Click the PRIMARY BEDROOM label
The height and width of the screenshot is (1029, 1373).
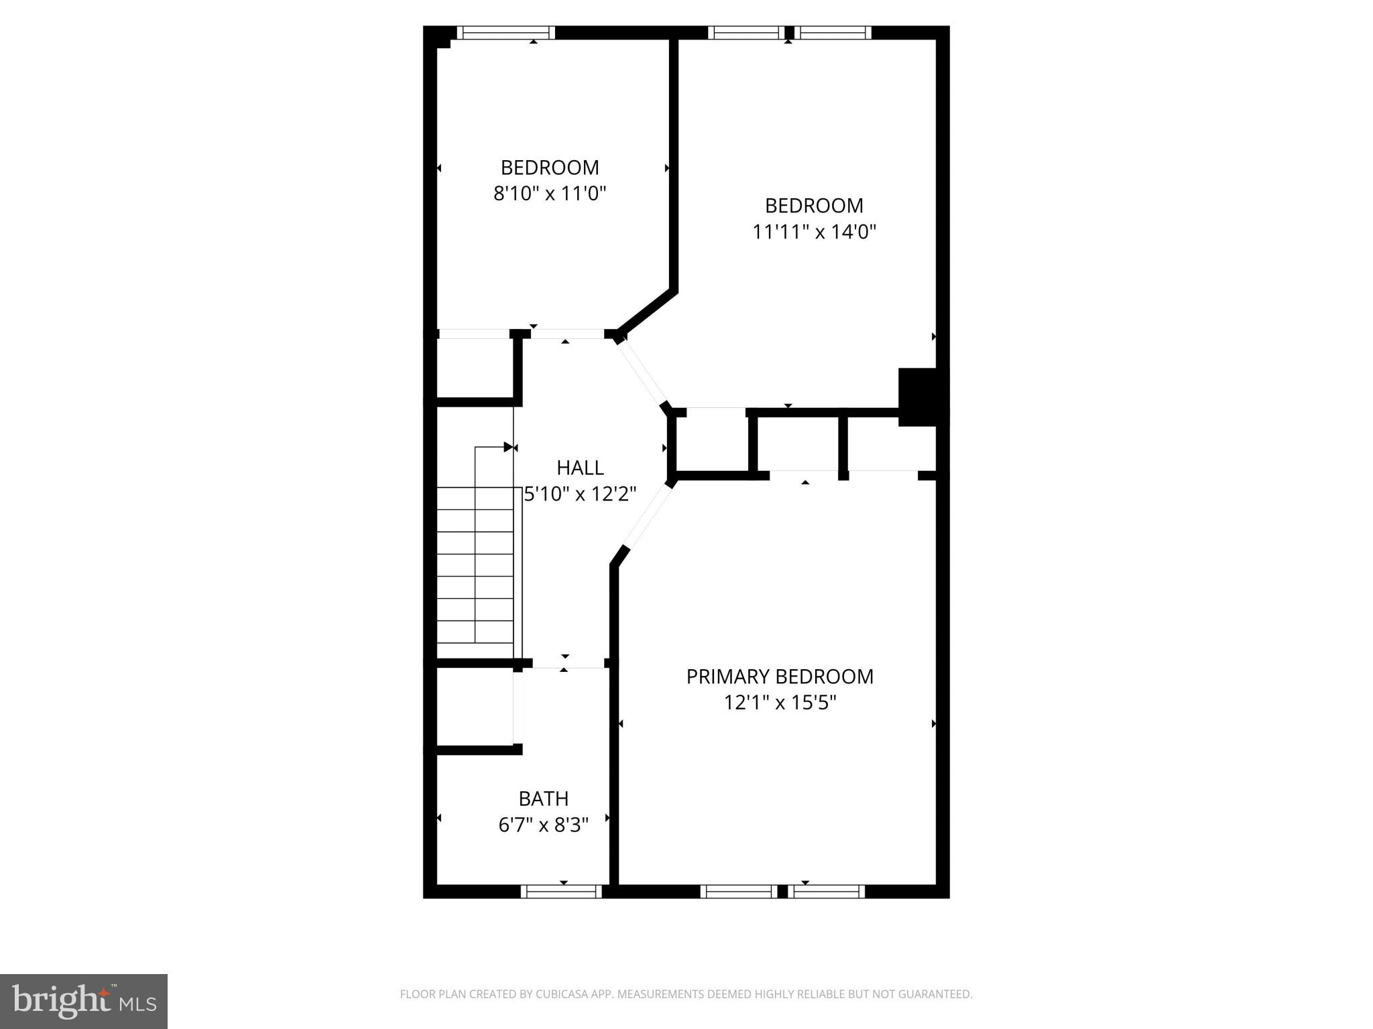[x=780, y=677]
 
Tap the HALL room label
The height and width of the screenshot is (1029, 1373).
[x=580, y=468]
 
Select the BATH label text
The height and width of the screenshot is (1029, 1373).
[x=543, y=799]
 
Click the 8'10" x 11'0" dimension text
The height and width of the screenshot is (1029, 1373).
[x=550, y=194]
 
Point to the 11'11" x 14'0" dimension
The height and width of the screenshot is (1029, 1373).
[x=814, y=232]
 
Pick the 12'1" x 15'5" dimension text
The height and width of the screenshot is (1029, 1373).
[x=780, y=703]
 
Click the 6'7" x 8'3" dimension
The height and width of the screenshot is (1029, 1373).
[x=543, y=825]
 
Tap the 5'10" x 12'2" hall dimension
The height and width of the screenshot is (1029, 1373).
[x=580, y=494]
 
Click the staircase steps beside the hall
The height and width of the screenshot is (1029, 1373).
[x=475, y=563]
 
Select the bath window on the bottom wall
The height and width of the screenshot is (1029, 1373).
[x=562, y=891]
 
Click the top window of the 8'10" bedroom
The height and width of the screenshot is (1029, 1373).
[x=506, y=32]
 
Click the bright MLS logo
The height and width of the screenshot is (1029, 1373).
[x=84, y=1001]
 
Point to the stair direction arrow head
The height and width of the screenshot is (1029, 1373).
[x=509, y=447]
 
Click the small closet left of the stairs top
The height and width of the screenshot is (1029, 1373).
[x=475, y=368]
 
